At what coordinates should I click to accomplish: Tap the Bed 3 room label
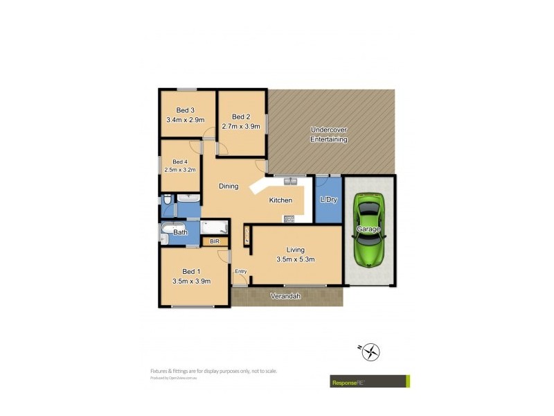pyautogui.click(x=185, y=110)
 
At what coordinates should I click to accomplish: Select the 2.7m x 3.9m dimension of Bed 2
pyautogui.click(x=241, y=126)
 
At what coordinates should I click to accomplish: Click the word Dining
pyautogui.click(x=229, y=186)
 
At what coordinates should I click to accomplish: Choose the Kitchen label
pyautogui.click(x=280, y=200)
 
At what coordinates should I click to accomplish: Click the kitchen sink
pyautogui.click(x=290, y=181)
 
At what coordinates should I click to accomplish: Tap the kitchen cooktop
pyautogui.click(x=289, y=219)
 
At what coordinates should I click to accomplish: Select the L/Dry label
pyautogui.click(x=328, y=200)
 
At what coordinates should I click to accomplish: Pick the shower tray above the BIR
pyautogui.click(x=213, y=227)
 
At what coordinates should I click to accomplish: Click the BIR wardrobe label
pyautogui.click(x=214, y=241)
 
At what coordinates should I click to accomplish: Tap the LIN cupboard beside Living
pyautogui.click(x=247, y=236)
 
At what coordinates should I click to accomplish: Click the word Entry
pyautogui.click(x=240, y=271)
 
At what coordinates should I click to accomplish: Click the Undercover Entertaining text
pyautogui.click(x=329, y=135)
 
